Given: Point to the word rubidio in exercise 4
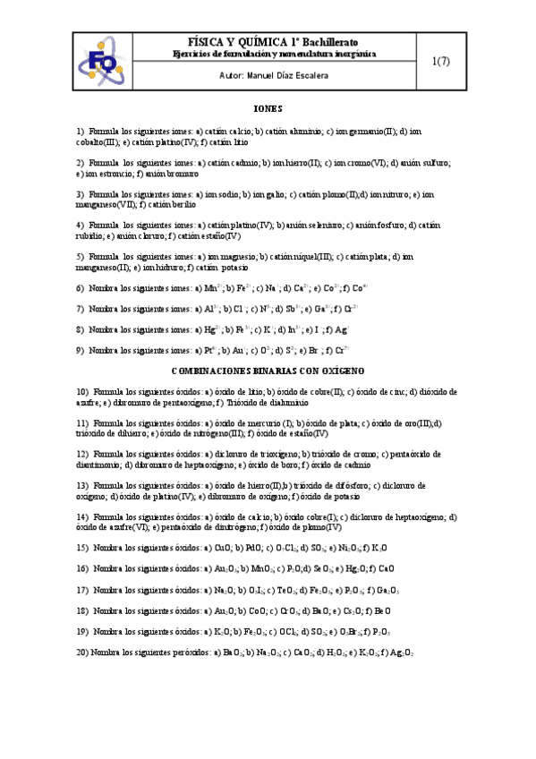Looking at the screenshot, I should coord(90,236).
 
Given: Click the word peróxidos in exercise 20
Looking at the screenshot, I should coord(187,652).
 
